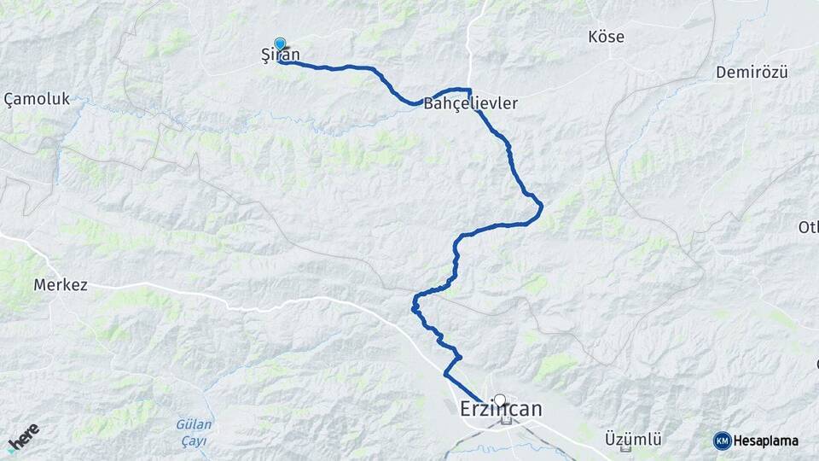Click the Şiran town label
tap(282, 55)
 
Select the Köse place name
tap(607, 37)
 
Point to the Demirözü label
tap(752, 72)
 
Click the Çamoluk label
tap(37, 100)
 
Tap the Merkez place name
tap(60, 284)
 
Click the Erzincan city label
tap(501, 410)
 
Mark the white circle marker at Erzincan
tap(500, 400)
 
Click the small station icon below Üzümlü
tap(627, 450)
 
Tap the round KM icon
tap(722, 441)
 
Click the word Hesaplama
tap(765, 441)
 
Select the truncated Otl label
tap(807, 227)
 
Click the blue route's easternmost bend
tap(542, 206)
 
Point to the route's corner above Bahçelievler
tap(468, 89)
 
